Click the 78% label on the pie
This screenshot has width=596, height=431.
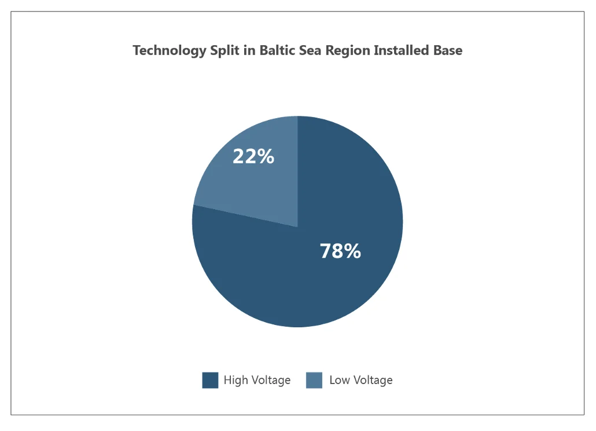(x=340, y=251)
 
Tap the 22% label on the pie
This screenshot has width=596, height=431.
(x=253, y=156)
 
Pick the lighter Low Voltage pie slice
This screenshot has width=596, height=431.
(x=255, y=180)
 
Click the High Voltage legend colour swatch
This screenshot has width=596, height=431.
(x=210, y=380)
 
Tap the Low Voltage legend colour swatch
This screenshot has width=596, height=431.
(x=314, y=380)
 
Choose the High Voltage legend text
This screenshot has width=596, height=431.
(x=257, y=380)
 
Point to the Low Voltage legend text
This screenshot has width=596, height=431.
(x=360, y=380)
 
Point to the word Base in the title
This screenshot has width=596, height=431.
(x=448, y=50)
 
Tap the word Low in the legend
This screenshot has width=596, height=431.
(x=339, y=380)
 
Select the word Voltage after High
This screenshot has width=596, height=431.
(x=270, y=380)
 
